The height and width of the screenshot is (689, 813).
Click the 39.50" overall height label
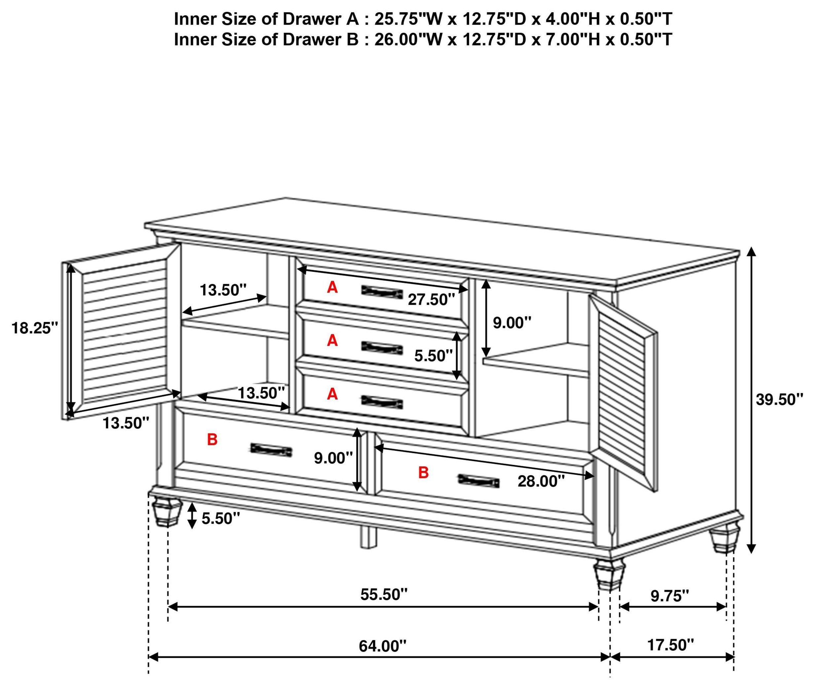[779, 400]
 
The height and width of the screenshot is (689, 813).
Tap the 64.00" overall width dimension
[383, 646]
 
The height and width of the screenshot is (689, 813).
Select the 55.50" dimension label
[384, 594]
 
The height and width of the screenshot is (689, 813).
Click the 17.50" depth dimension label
[671, 645]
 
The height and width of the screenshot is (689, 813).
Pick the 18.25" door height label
[34, 328]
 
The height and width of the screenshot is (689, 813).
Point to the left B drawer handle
[271, 450]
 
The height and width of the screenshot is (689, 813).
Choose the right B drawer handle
[479, 481]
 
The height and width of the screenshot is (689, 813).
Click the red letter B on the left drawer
[212, 440]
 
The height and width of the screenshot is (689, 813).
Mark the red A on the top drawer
[332, 288]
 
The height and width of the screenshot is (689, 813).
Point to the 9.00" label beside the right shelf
[512, 323]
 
